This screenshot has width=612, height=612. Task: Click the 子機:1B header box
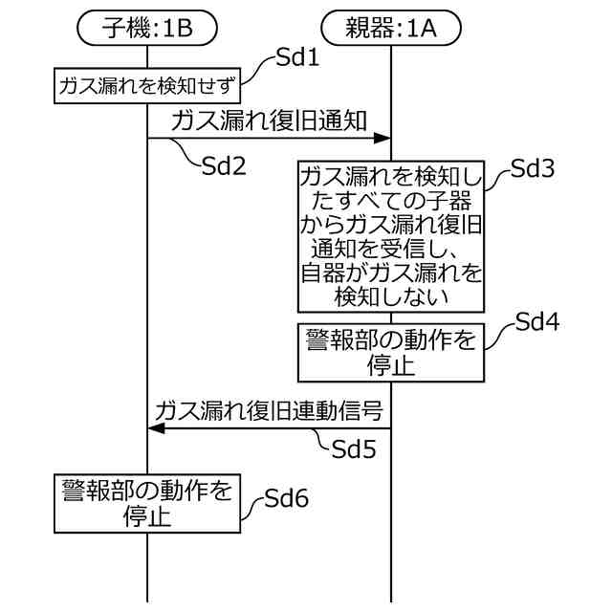point(147,29)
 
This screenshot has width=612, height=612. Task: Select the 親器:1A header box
point(390,29)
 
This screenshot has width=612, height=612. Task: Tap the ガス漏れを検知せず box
point(146,86)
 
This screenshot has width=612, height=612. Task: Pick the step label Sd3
point(533,169)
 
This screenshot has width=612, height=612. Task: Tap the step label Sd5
point(354,448)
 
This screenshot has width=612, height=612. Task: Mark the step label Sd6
point(286,497)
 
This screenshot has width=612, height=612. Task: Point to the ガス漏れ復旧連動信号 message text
point(270,411)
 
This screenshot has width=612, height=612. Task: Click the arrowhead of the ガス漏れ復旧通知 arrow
point(382,140)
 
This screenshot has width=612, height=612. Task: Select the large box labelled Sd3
point(390,235)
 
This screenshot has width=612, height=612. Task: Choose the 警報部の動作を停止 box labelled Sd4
point(390,351)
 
